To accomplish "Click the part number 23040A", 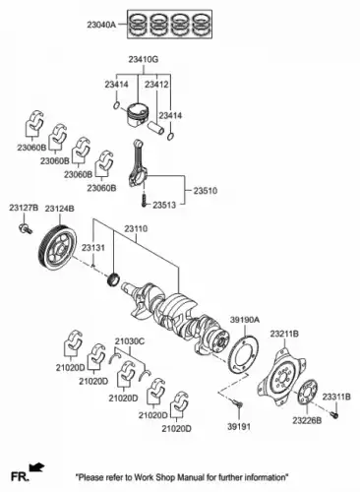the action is tap(101, 25).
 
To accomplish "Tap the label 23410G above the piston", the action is tap(144, 60).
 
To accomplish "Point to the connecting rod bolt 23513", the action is tap(144, 201).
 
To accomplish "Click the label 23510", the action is tap(205, 191).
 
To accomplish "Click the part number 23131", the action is tap(93, 248).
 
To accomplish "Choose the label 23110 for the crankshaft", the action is tap(136, 228).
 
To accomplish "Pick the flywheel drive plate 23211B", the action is tap(282, 377).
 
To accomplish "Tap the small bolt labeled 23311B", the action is tap(334, 414).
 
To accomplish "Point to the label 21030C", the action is tap(130, 341).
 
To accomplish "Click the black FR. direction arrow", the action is tap(36, 467).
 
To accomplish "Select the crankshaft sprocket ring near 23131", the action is tap(113, 278).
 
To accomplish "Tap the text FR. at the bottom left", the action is tap(20, 476).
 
